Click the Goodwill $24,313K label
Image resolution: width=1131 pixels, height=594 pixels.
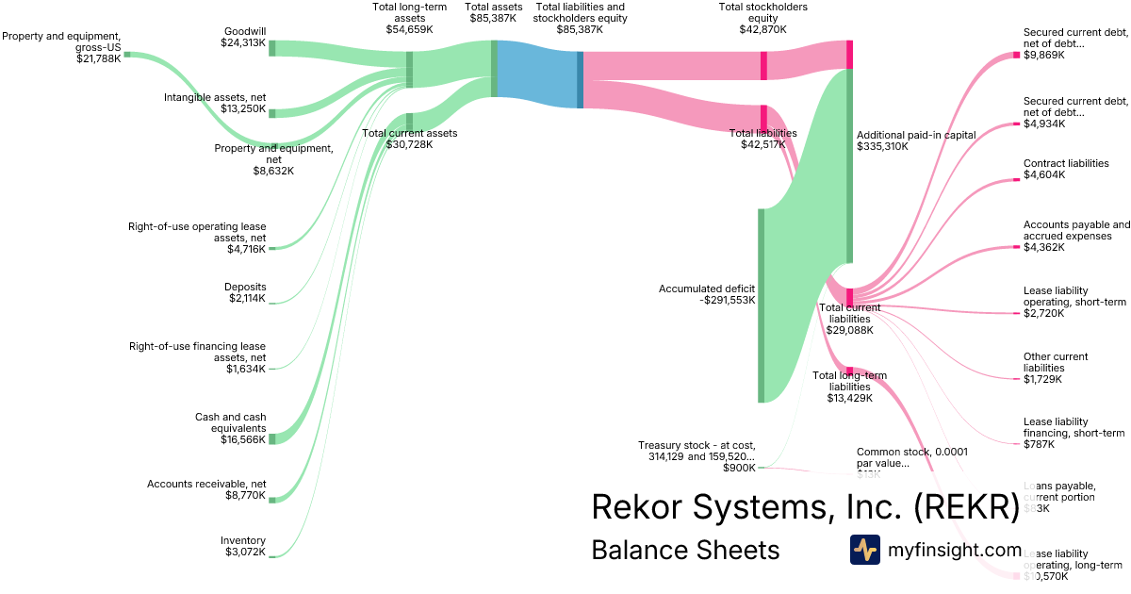[243, 37]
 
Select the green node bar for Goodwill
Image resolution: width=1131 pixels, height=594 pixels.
[272, 48]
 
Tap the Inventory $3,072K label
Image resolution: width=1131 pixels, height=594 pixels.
[243, 546]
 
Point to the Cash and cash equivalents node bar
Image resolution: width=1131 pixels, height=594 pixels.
[272, 438]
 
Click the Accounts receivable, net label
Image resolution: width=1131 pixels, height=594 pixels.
[206, 489]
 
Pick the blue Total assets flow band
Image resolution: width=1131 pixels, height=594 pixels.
[535, 74]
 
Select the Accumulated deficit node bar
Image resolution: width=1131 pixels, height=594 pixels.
[762, 305]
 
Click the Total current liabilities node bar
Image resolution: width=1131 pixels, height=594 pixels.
[849, 297]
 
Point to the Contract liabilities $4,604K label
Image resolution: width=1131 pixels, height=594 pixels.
[1066, 169]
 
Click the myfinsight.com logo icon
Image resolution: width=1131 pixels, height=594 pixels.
[865, 550]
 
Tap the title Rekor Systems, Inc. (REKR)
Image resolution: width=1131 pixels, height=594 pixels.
[805, 506]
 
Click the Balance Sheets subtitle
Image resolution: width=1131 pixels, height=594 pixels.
[685, 550]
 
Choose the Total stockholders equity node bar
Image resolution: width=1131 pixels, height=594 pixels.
[849, 54]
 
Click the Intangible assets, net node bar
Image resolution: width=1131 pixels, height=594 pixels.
[272, 113]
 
